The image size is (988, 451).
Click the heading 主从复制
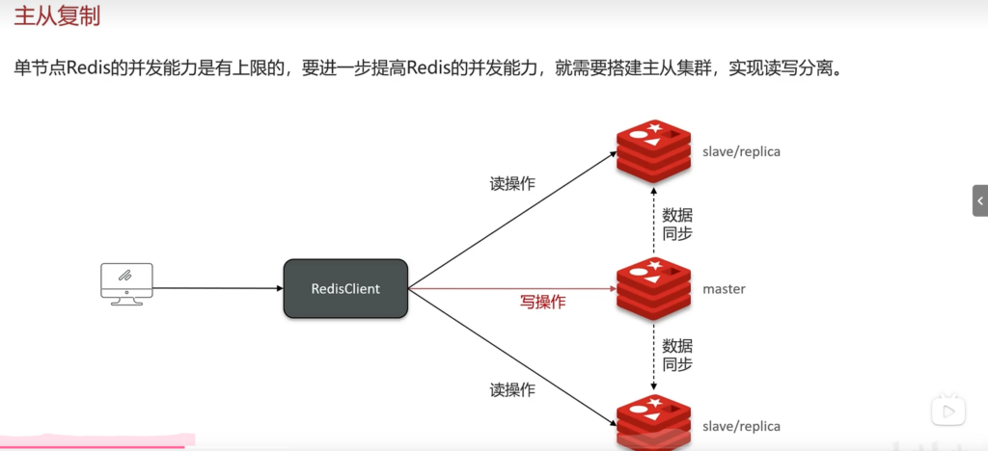point(57,17)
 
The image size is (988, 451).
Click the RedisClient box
point(345,288)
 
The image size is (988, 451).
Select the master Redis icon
point(654,288)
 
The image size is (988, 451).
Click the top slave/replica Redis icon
point(654,151)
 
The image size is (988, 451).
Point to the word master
point(724,289)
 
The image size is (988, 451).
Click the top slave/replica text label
point(742,152)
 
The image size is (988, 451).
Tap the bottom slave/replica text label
point(742,426)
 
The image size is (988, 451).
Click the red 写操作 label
point(543,302)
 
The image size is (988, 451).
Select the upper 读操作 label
point(512,184)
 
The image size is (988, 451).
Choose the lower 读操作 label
point(512,390)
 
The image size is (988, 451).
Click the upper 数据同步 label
point(677,224)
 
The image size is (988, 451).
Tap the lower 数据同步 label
point(677,355)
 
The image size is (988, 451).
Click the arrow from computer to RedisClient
point(217,288)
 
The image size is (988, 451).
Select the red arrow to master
point(511,288)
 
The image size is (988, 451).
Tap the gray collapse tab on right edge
point(979,200)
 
